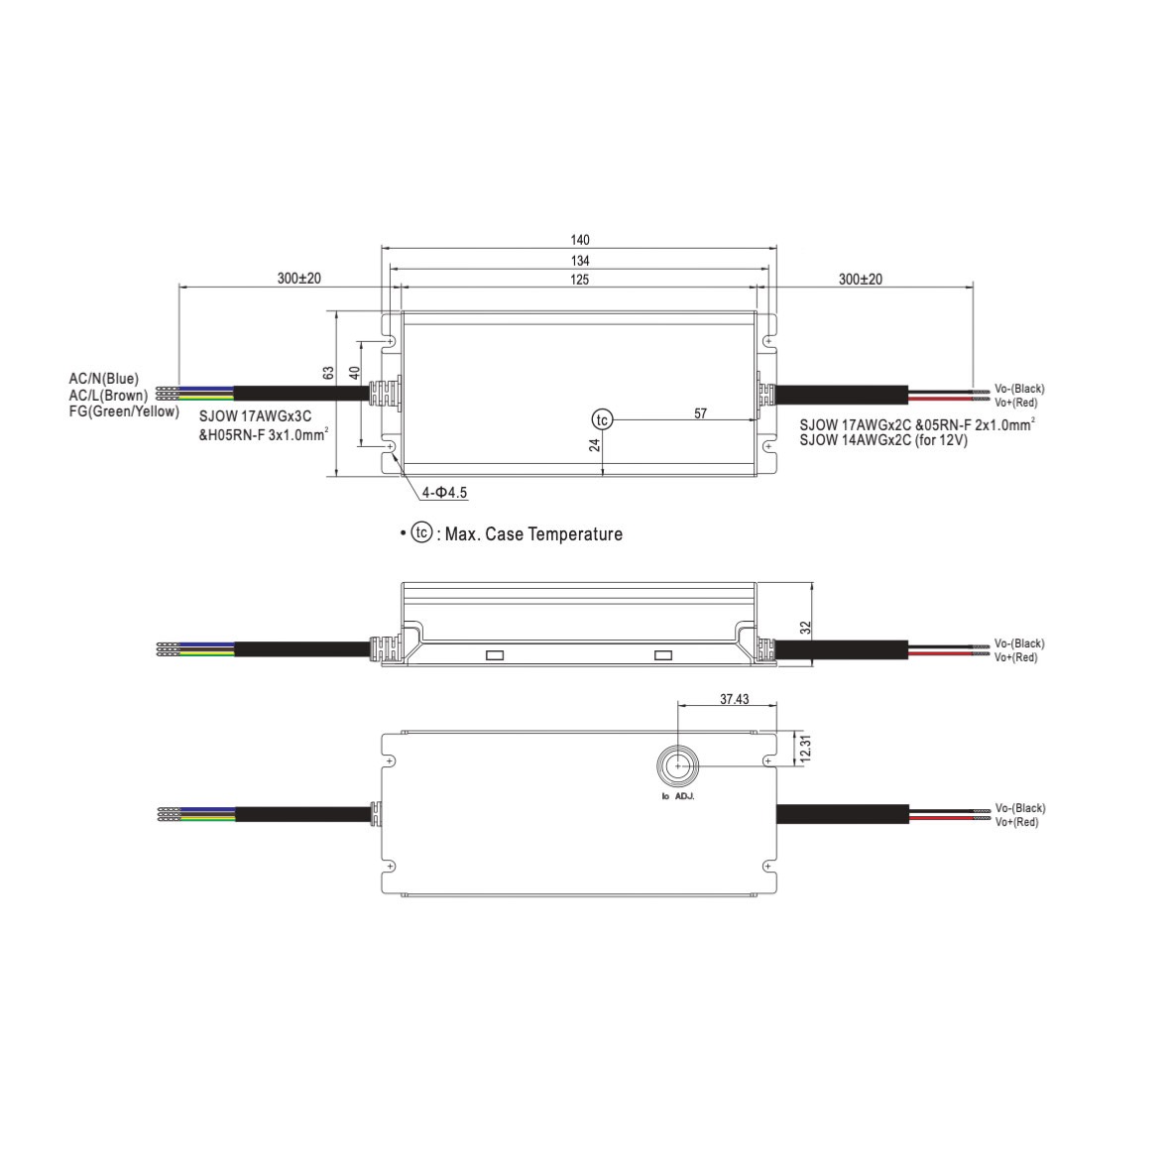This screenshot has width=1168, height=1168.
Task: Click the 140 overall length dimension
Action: click(579, 240)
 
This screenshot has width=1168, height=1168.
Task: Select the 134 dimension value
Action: click(579, 261)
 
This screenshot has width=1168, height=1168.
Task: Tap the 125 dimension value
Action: click(579, 280)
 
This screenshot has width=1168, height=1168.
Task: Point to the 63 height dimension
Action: click(328, 373)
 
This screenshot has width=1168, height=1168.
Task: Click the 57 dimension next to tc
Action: click(700, 413)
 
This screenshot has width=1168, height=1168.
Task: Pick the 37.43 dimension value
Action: click(735, 699)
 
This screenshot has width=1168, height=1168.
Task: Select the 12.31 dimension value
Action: click(804, 748)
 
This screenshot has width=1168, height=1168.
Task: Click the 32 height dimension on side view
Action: click(805, 628)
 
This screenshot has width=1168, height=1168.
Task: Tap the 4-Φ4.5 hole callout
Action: click(445, 493)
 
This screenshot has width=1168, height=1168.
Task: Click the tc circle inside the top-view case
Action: click(602, 419)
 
